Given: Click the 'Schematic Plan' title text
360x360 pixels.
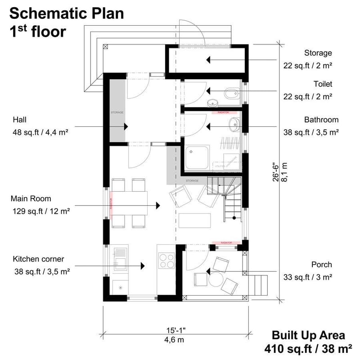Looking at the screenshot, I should tap(66, 13).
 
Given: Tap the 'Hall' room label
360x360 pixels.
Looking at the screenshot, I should tap(20, 120).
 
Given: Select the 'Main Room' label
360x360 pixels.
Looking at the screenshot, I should tap(32, 198).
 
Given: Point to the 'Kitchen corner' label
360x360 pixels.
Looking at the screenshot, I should tap(38, 259).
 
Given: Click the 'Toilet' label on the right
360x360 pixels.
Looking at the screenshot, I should tap(323, 84).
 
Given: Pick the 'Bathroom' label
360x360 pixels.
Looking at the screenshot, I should tap(321, 120).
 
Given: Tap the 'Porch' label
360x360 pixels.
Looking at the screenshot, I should tap(321, 264).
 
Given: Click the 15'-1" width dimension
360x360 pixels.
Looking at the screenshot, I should tap(175, 330).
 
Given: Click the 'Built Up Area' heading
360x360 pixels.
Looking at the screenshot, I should tap(308, 335).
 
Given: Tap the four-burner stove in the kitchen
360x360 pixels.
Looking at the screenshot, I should tap(167, 261).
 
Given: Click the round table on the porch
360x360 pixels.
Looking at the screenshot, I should tap(215, 279).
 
